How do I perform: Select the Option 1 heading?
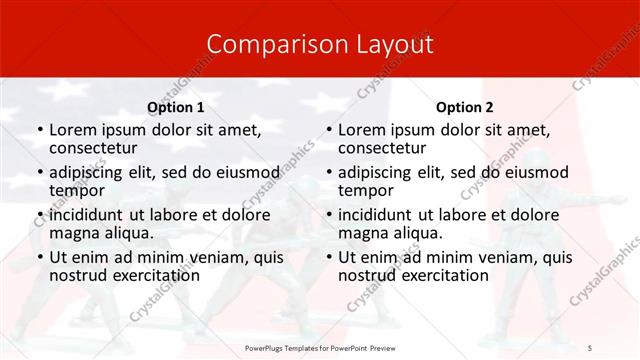(175, 107)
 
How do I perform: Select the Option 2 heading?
(465, 107)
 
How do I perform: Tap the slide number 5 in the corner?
(590, 346)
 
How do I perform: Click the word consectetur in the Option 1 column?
(95, 149)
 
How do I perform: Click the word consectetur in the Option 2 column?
(384, 149)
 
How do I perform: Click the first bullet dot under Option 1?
(38, 131)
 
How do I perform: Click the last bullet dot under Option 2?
(327, 258)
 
